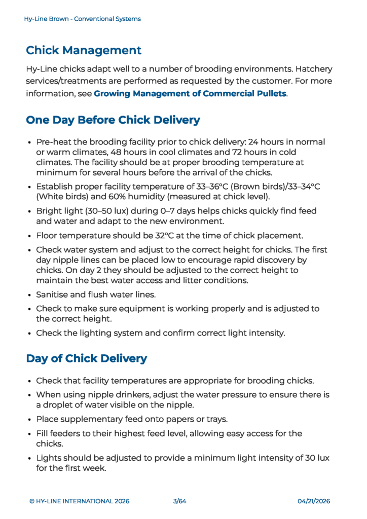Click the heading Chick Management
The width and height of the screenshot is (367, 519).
coord(84,51)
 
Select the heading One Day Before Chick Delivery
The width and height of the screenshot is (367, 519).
coord(113,120)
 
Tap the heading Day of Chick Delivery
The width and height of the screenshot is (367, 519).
coord(86,359)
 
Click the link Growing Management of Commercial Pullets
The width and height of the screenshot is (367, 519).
coord(190,94)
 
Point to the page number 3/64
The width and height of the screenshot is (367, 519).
coord(180,501)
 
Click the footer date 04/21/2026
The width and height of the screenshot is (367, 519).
coord(314,501)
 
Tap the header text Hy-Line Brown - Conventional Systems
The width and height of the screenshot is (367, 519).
coord(82,19)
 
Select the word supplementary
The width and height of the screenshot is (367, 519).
coord(90,419)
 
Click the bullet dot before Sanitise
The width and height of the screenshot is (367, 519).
coord(30,294)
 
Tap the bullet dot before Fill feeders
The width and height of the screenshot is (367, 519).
coord(30,434)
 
